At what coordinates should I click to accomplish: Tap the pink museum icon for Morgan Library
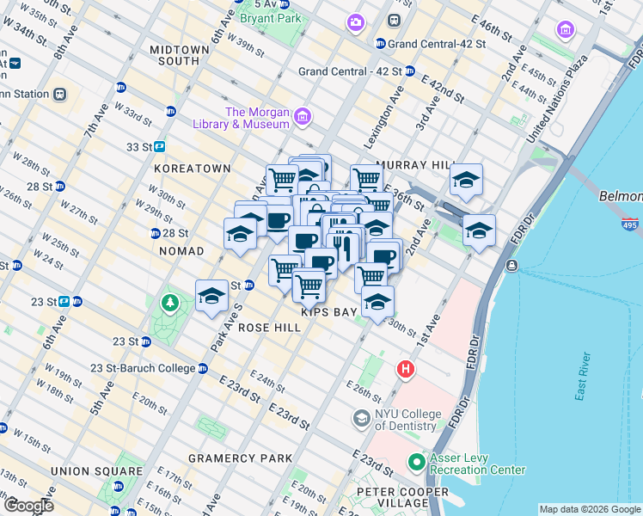pyautogui.click(x=302, y=116)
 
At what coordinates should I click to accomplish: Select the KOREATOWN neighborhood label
pyautogui.click(x=193, y=169)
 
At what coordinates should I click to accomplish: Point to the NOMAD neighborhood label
pyautogui.click(x=181, y=251)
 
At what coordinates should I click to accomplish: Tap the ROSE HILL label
pyautogui.click(x=269, y=328)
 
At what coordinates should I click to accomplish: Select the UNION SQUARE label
pyautogui.click(x=96, y=471)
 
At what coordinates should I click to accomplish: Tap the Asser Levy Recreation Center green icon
pyautogui.click(x=416, y=463)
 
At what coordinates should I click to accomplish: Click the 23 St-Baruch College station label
pyautogui.click(x=144, y=368)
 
